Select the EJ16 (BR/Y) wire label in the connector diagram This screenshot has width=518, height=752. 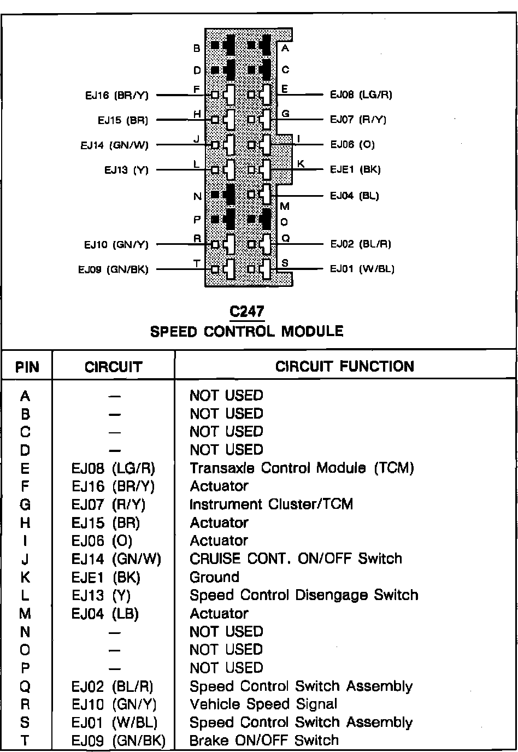point(116,95)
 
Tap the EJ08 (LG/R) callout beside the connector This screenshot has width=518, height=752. point(361,94)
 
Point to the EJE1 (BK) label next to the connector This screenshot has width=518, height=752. point(355,169)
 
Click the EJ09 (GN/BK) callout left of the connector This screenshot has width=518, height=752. point(113,269)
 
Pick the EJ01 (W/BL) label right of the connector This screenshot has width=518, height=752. point(362,268)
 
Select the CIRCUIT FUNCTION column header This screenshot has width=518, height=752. point(345,366)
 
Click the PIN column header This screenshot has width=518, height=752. point(27,367)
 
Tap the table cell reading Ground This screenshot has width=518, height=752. point(214,577)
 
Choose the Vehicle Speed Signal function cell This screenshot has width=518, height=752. point(263,704)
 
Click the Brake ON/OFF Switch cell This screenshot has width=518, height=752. point(264,741)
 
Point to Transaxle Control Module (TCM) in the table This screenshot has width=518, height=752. point(302,468)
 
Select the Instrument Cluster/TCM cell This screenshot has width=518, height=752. point(271,504)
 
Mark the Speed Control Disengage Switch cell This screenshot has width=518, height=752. point(304,595)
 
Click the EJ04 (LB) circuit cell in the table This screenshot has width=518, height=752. point(105,614)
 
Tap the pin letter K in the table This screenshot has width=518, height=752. point(25,578)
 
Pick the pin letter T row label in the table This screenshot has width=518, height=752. point(25,741)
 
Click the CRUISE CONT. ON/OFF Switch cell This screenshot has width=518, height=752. point(296,559)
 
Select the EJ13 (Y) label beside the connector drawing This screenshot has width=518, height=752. point(126,170)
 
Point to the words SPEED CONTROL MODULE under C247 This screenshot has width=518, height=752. point(246,331)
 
